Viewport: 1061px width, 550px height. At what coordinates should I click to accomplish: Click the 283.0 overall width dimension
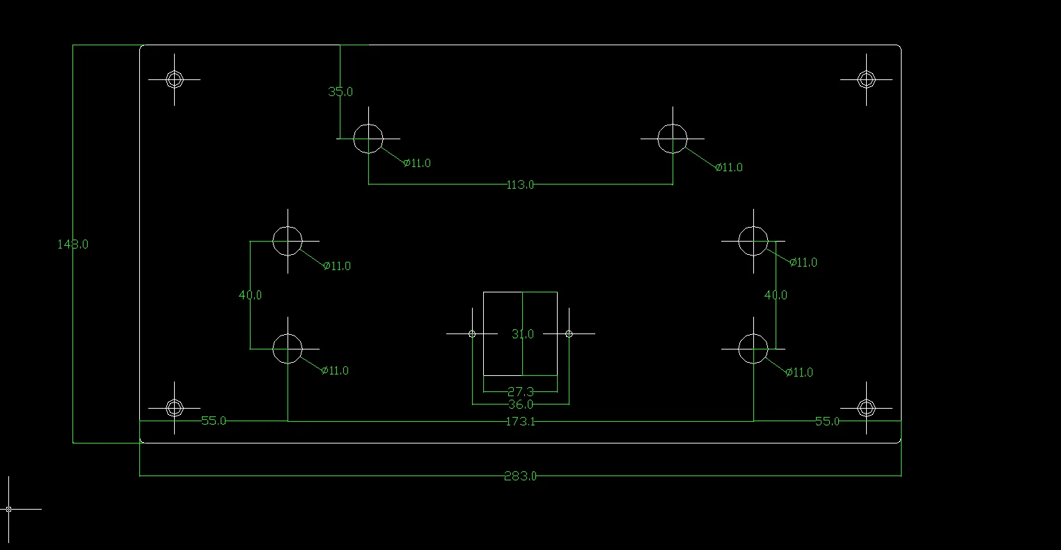click(x=520, y=476)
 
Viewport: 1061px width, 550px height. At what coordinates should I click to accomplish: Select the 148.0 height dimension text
click(x=72, y=244)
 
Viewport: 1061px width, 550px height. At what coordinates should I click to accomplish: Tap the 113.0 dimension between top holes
click(x=520, y=184)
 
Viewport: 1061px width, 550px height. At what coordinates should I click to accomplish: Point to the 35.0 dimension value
click(x=340, y=92)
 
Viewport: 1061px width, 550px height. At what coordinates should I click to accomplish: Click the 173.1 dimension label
click(x=520, y=421)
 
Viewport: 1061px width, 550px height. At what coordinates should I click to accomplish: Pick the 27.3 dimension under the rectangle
click(x=520, y=392)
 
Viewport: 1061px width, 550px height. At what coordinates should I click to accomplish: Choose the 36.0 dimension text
click(x=520, y=404)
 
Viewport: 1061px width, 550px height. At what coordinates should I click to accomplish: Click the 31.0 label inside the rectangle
click(x=522, y=334)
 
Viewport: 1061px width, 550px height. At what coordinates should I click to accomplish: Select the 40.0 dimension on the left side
click(x=250, y=295)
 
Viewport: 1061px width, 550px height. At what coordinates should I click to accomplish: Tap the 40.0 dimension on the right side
click(x=776, y=295)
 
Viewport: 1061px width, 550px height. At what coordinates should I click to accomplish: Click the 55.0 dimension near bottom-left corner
click(x=213, y=421)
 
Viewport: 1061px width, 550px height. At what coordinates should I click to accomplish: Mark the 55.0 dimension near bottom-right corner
click(x=827, y=421)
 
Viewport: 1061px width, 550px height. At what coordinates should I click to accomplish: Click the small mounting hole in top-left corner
click(x=174, y=79)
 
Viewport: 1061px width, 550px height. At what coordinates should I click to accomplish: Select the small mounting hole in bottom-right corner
click(x=866, y=407)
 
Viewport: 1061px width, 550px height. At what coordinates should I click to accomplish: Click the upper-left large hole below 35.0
click(x=368, y=139)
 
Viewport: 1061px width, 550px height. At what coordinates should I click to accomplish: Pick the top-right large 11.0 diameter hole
click(x=673, y=139)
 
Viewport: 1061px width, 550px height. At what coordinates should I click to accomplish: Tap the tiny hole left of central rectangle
click(x=472, y=334)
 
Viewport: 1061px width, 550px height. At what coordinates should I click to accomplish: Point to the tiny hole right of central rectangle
click(x=569, y=334)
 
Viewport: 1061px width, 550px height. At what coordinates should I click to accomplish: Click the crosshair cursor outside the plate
click(x=8, y=509)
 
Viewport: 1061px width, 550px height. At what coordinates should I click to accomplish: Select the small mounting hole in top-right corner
click(x=866, y=79)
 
